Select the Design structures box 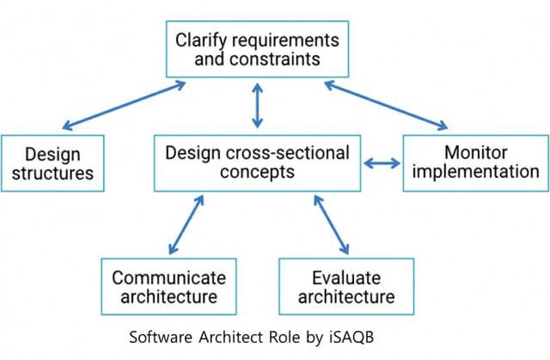click(52, 163)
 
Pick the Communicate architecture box click(168, 288)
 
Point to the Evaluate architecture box click(346, 288)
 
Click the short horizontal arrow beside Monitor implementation click(382, 162)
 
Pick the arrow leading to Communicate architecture click(186, 224)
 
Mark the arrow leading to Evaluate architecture click(328, 224)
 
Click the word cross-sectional click(289, 154)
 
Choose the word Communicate click(168, 278)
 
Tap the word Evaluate click(347, 278)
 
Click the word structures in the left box click(52, 174)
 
